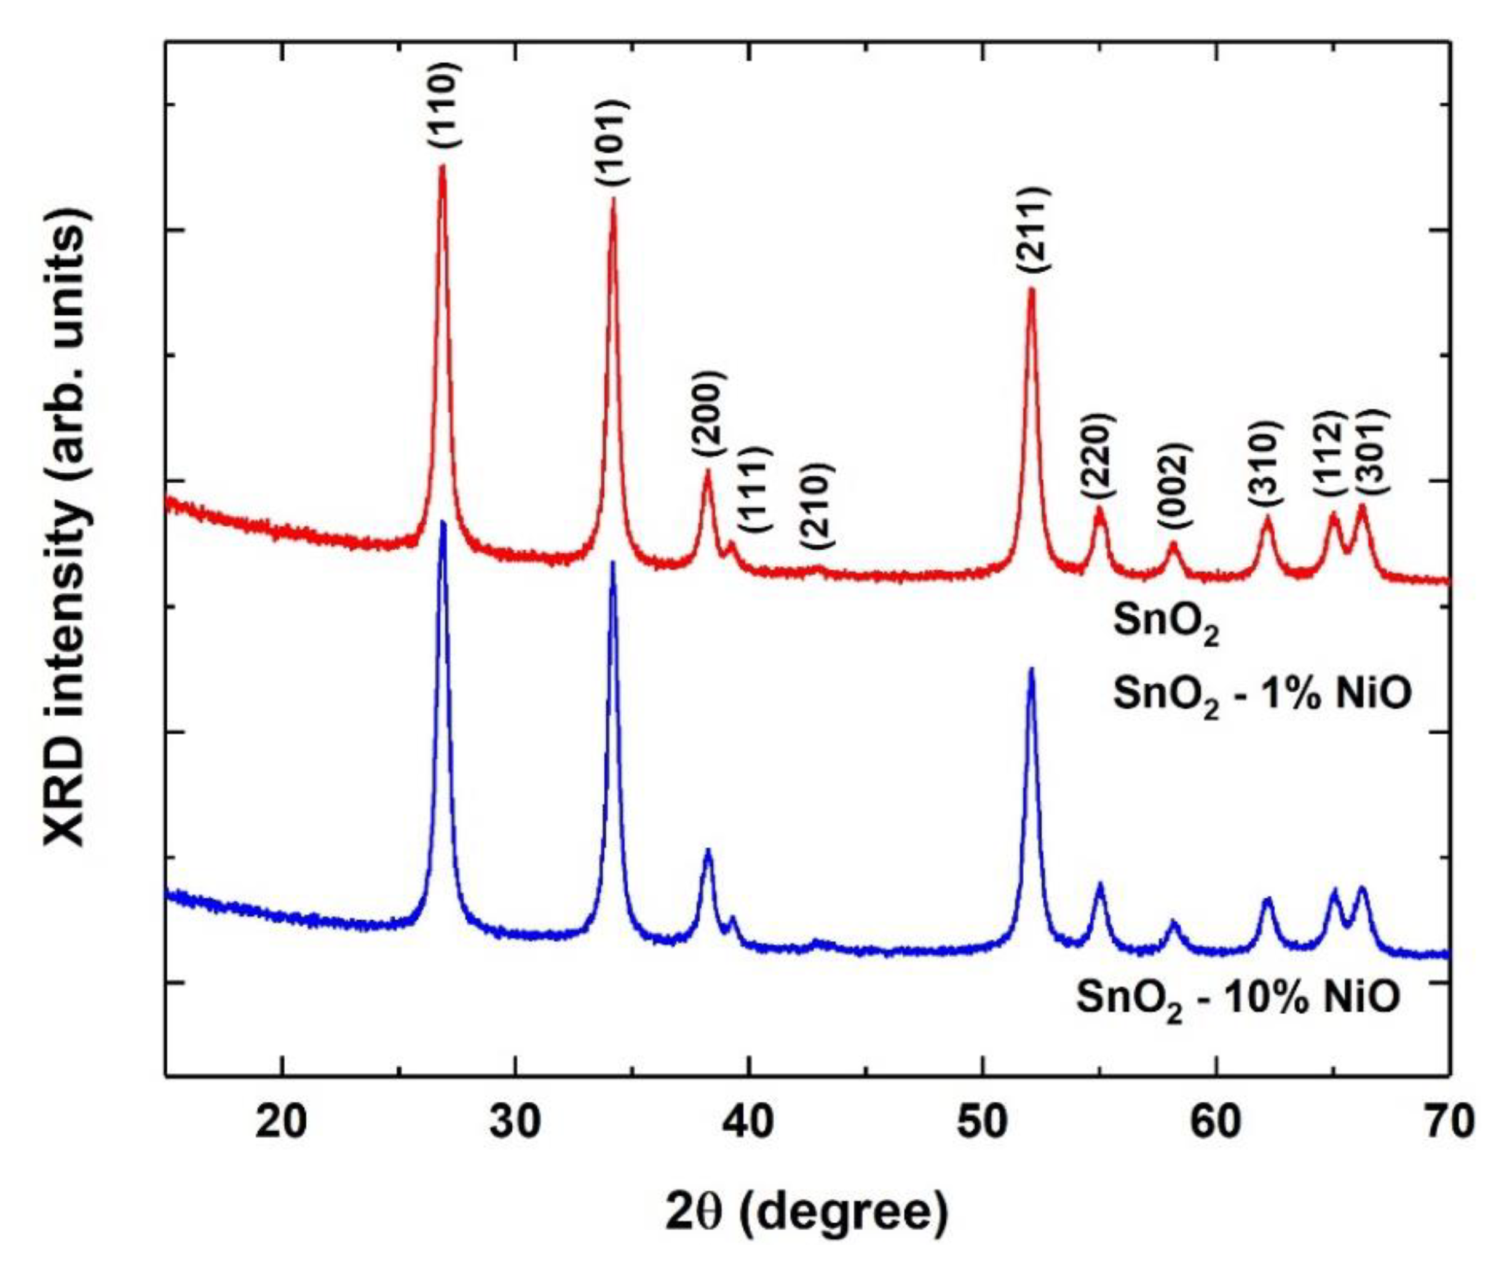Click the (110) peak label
tap(443, 105)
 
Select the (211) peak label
tap(1033, 229)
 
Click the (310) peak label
tap(1265, 460)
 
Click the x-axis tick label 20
tap(281, 1123)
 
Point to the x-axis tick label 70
tap(1449, 1123)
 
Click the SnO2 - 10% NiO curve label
tap(1238, 1001)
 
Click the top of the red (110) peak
tap(443, 167)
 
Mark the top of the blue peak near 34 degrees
tap(613, 563)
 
